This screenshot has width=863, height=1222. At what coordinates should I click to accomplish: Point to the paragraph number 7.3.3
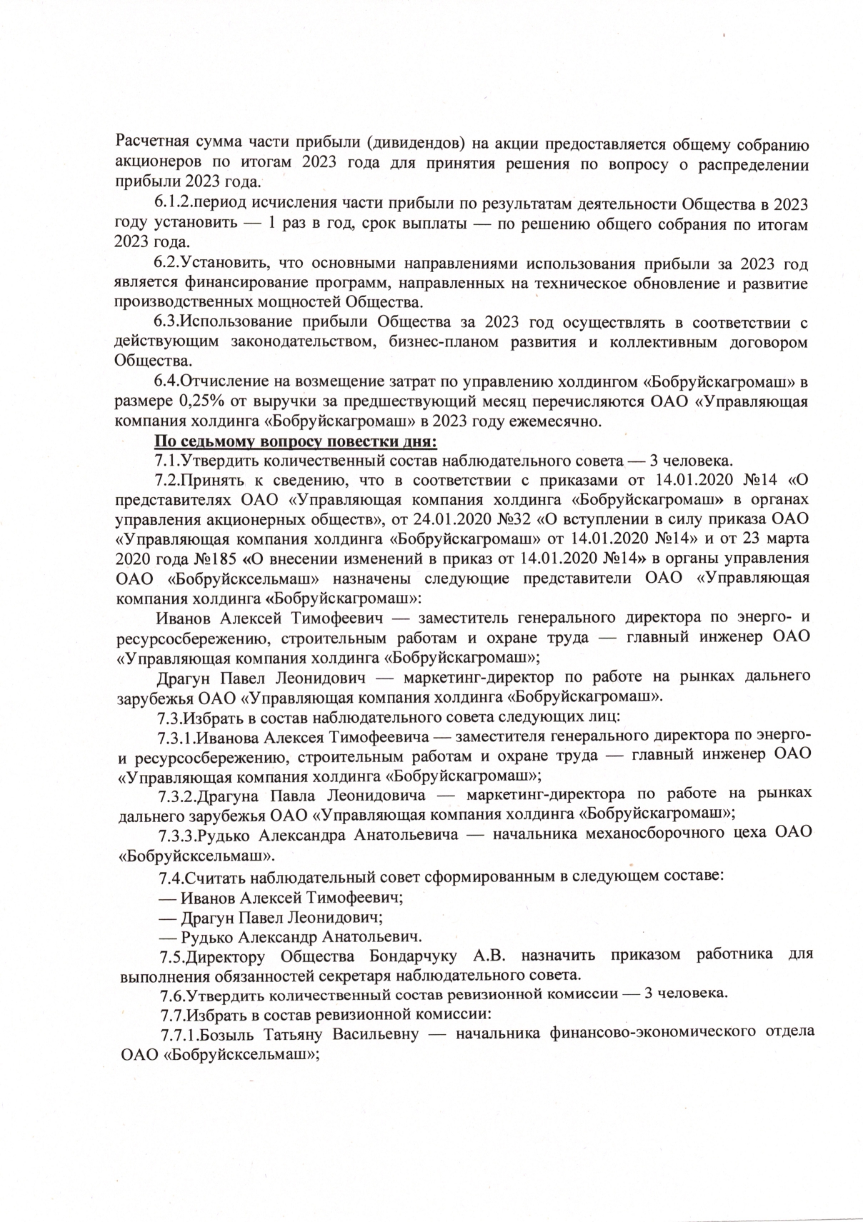pos(176,835)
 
